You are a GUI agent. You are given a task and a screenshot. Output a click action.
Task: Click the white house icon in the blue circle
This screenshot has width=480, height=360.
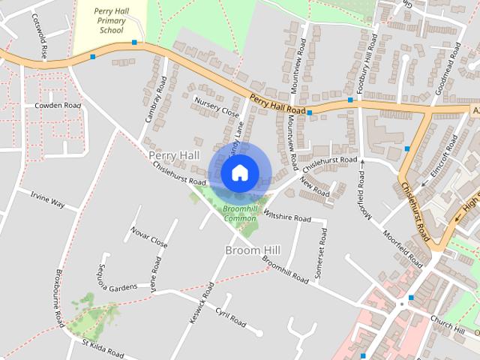click(x=238, y=173)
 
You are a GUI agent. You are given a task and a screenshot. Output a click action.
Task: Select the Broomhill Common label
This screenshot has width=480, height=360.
click(x=240, y=213)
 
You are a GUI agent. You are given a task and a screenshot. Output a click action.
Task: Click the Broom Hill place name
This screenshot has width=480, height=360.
click(x=252, y=249)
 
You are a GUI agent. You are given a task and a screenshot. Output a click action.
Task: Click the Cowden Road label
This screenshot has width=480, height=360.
click(x=57, y=106)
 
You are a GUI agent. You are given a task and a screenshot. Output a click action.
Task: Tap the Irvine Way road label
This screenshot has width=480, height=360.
click(x=48, y=198)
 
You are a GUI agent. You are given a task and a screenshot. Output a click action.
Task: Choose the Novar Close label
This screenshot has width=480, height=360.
click(x=148, y=237)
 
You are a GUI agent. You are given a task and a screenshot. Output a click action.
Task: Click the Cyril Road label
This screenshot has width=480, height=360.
click(x=230, y=317)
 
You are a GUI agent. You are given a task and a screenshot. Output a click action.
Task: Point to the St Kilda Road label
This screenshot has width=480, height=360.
click(x=109, y=346)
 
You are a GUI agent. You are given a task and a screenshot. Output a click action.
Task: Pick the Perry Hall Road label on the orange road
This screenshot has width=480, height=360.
click(x=277, y=104)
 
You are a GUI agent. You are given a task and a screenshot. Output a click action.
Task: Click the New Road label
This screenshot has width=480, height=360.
click(x=314, y=187)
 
